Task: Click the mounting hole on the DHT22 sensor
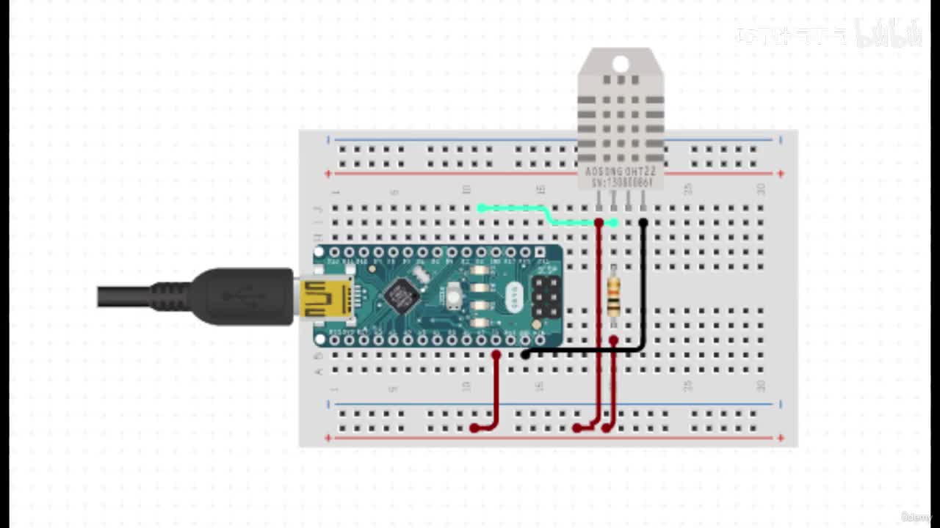point(621,65)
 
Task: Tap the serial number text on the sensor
point(621,182)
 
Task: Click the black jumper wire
point(643,293)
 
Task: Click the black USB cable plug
point(242,297)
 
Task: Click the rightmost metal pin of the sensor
point(643,200)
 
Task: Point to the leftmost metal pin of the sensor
point(599,200)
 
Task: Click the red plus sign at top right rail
point(781,174)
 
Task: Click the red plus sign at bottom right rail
point(781,439)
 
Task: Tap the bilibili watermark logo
point(889,34)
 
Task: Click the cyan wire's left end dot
point(482,208)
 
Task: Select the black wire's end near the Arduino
point(526,354)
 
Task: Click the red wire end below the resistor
point(613,341)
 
